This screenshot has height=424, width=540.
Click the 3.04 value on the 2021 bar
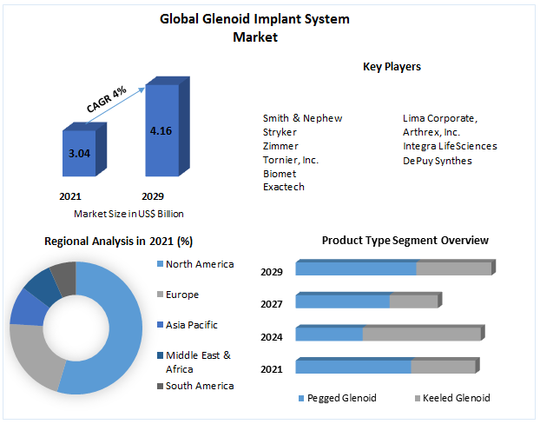[x=79, y=153]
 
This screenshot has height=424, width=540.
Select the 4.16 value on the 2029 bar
[x=161, y=131]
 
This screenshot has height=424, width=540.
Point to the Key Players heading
[x=392, y=66]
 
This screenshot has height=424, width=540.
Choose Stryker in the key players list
[x=280, y=132]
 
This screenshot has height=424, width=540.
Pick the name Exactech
[x=283, y=188]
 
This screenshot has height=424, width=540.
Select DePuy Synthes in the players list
[x=438, y=160]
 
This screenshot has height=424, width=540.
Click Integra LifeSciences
[x=450, y=146]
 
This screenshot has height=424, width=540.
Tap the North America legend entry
[x=199, y=264]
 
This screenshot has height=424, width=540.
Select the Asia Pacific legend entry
[x=191, y=325]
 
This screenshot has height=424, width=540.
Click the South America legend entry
[x=199, y=386]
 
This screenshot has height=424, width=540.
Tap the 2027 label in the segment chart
[x=272, y=304]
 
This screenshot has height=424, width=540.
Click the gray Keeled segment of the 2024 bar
[x=422, y=335]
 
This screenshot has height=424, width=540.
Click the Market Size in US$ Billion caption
[x=128, y=214]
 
